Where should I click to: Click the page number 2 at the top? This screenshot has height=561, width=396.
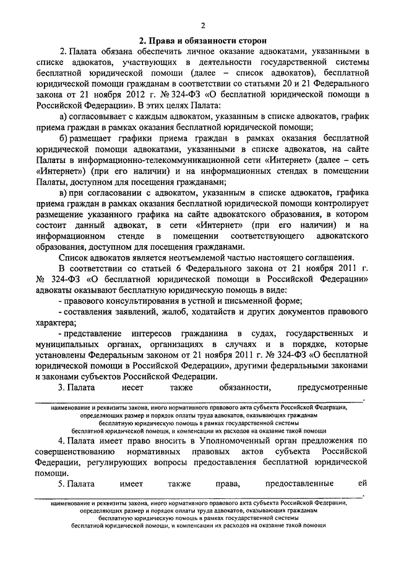click(202, 25)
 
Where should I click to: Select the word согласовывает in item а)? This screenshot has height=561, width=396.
click(103, 116)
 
